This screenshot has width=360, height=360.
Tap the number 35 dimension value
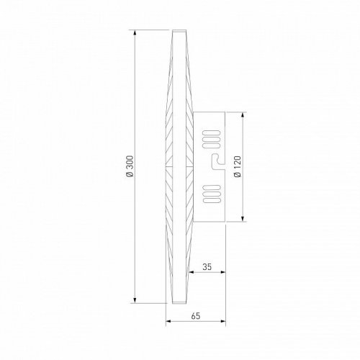pos(207,267)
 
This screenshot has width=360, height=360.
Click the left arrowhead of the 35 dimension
pos(193,273)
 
